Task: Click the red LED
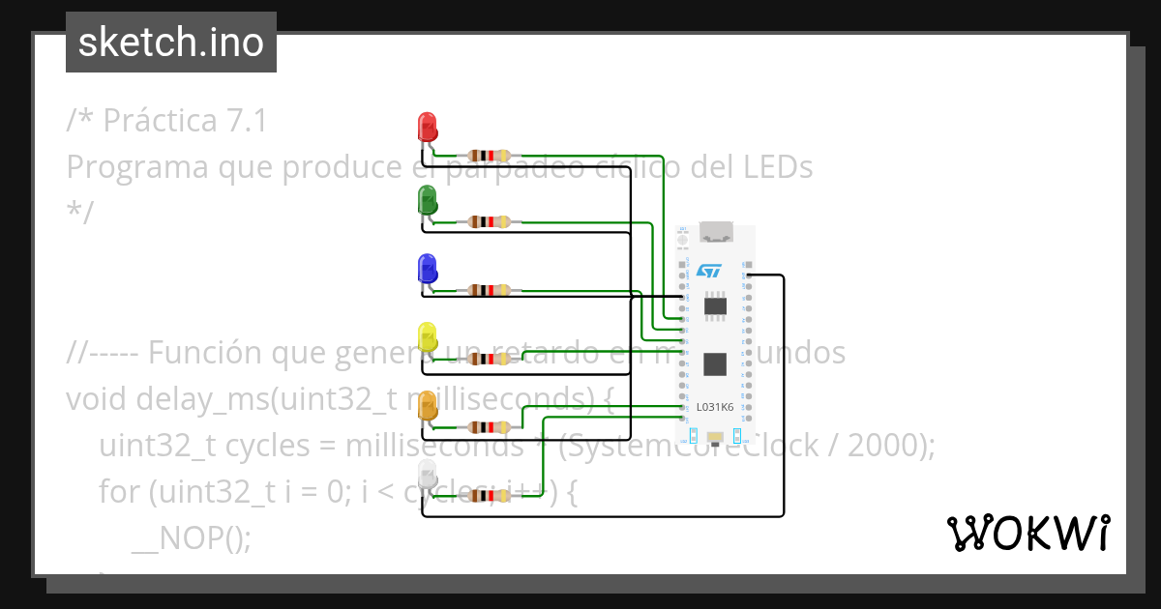[x=427, y=127]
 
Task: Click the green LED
[x=427, y=201]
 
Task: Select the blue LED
[x=427, y=268]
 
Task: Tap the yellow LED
[x=427, y=337]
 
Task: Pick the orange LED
[x=427, y=406]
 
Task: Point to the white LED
[x=427, y=475]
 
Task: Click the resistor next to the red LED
[x=489, y=155]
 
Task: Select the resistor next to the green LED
[x=489, y=221]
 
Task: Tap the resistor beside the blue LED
[x=489, y=289]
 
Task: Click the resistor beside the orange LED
[x=489, y=426]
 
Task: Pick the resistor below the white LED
[x=489, y=495]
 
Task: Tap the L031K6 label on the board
[x=715, y=408]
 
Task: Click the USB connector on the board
[x=716, y=232]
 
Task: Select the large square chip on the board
[x=715, y=363]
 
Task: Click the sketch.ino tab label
[x=171, y=43]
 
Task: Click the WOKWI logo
[x=1027, y=534]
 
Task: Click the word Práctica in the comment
[x=160, y=121]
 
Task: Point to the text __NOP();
[x=191, y=536]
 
